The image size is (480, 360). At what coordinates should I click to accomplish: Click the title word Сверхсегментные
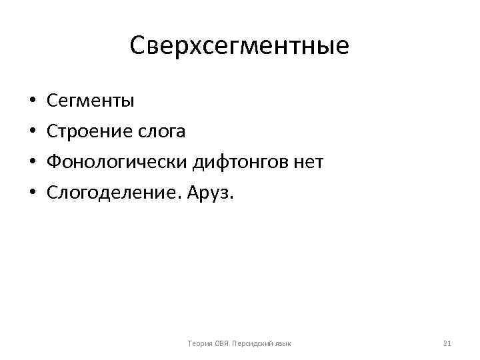tap(239, 45)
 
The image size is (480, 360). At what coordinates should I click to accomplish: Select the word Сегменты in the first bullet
tap(91, 101)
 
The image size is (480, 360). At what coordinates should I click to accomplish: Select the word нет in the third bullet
tap(309, 163)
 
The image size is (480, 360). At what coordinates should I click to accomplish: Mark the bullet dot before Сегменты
tap(32, 102)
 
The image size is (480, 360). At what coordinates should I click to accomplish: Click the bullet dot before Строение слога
tap(32, 133)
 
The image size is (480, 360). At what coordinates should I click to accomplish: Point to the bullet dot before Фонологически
tap(32, 163)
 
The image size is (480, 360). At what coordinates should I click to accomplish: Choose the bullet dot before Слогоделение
tap(32, 194)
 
